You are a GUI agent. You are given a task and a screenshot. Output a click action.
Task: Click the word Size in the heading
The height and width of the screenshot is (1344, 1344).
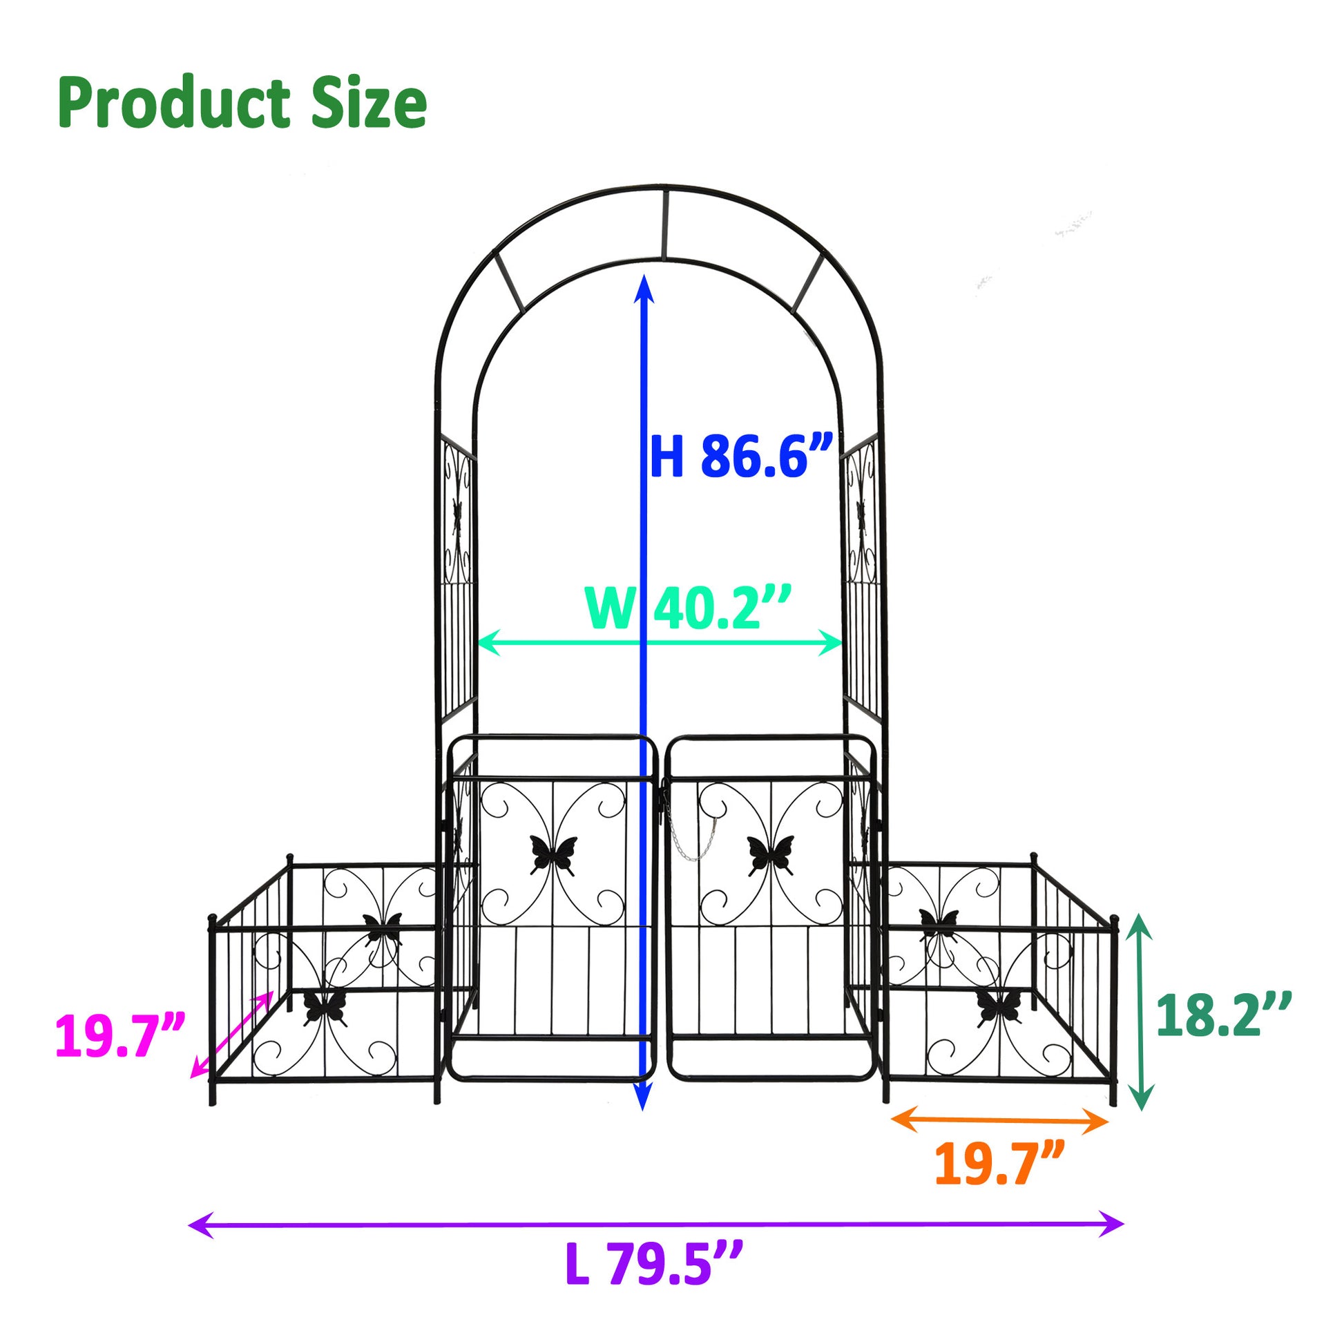click(369, 103)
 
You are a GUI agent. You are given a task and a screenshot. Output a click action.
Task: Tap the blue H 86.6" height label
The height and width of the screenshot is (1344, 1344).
click(742, 456)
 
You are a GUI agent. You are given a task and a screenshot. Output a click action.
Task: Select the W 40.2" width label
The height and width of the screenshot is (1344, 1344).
click(689, 607)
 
